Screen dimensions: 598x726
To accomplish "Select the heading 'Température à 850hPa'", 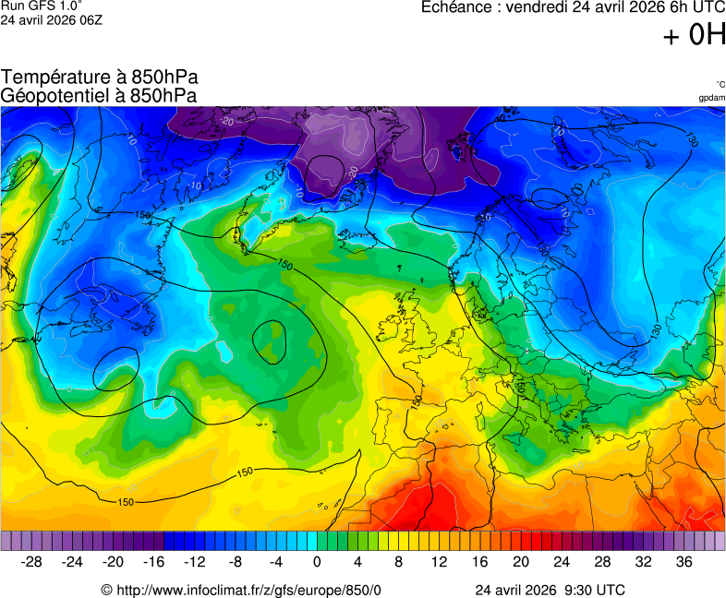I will (x=100, y=78).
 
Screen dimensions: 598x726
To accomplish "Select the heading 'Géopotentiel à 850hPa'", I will (x=99, y=96).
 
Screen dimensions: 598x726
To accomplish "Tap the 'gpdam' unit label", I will (x=711, y=97).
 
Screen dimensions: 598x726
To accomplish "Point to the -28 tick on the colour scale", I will (x=31, y=561).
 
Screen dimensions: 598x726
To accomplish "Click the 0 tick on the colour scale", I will (x=317, y=561).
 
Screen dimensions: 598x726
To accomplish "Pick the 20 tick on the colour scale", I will (x=521, y=561).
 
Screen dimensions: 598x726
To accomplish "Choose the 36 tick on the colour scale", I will (x=684, y=561).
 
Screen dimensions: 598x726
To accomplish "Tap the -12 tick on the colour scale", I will (x=194, y=561).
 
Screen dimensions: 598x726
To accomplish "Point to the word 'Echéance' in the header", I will (x=457, y=7).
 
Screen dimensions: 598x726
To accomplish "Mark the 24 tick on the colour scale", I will (x=562, y=561).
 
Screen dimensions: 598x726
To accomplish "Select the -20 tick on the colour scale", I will (x=113, y=561).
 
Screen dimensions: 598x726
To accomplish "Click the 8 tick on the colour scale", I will (x=398, y=561).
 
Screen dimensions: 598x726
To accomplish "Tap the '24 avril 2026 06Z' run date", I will (x=51, y=19).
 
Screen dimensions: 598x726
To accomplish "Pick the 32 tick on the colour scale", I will (x=643, y=561).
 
